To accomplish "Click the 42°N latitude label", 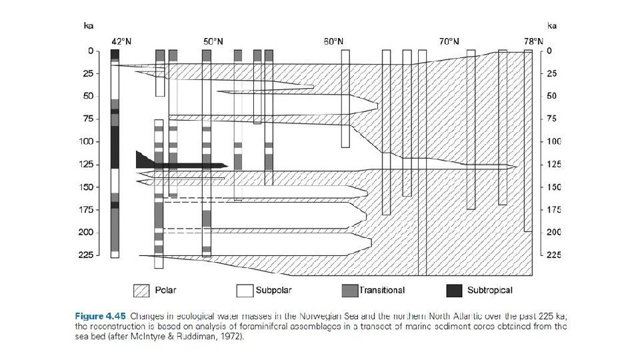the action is [x=121, y=41].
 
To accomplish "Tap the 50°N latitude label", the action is [x=213, y=41].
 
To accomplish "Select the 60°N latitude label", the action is [x=334, y=41].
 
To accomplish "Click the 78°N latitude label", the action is [x=533, y=41].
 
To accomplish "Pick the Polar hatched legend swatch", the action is [x=141, y=291].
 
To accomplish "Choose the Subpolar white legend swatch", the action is [x=245, y=291].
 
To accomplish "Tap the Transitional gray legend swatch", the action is [x=349, y=291].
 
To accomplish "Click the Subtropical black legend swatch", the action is [x=454, y=291].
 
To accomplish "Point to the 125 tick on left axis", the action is [x=88, y=164].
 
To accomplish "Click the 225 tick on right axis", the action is [x=553, y=255].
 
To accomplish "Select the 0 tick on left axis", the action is [x=91, y=51].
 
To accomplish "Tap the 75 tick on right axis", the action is [x=551, y=119].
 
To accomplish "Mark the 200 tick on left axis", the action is [x=88, y=232].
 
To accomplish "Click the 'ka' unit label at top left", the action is [x=88, y=26].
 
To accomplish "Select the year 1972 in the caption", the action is [x=234, y=337].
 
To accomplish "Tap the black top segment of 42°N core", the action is [x=115, y=54].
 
